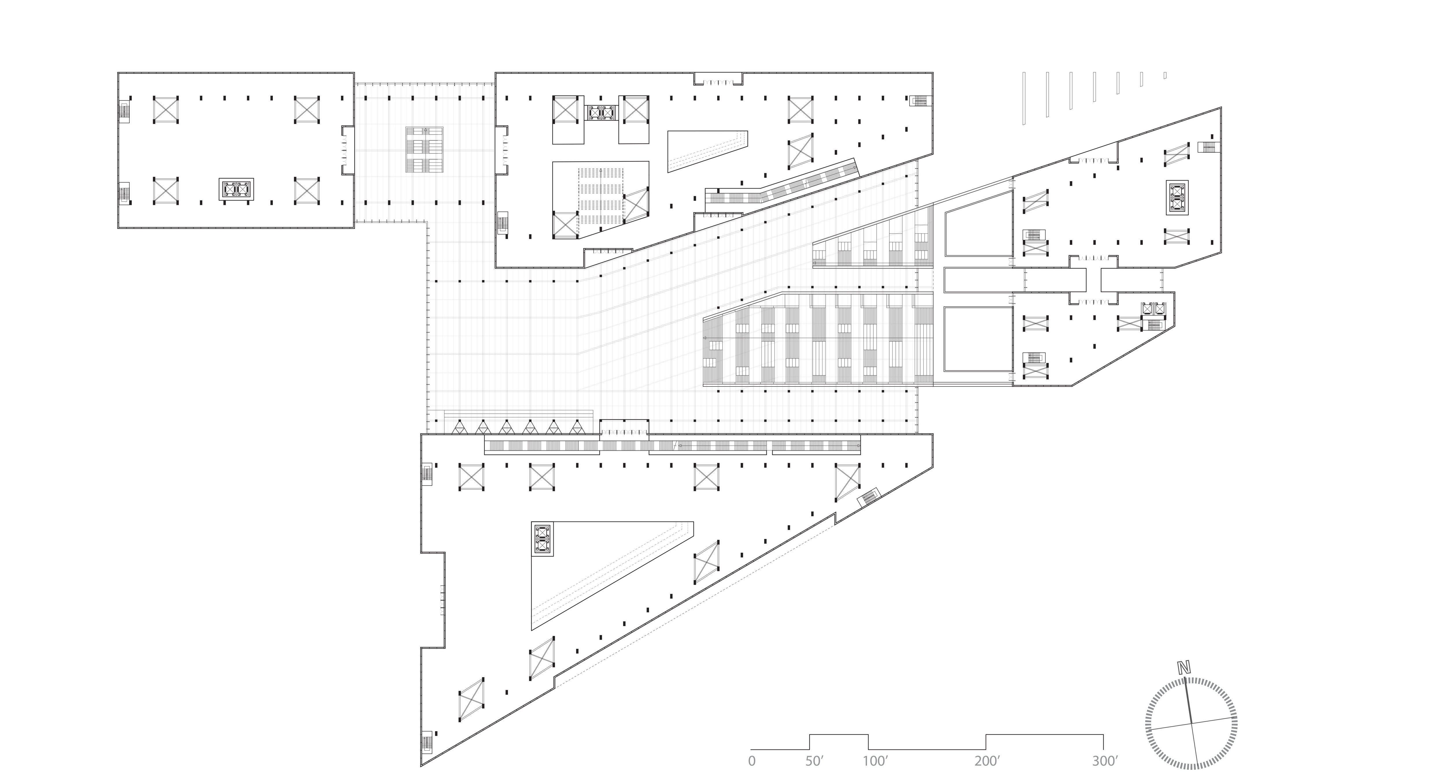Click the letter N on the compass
point(1184,668)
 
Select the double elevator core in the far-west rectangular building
point(236,189)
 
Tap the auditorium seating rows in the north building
point(601,196)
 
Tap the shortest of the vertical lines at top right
point(1165,75)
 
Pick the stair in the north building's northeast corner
point(919,101)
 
